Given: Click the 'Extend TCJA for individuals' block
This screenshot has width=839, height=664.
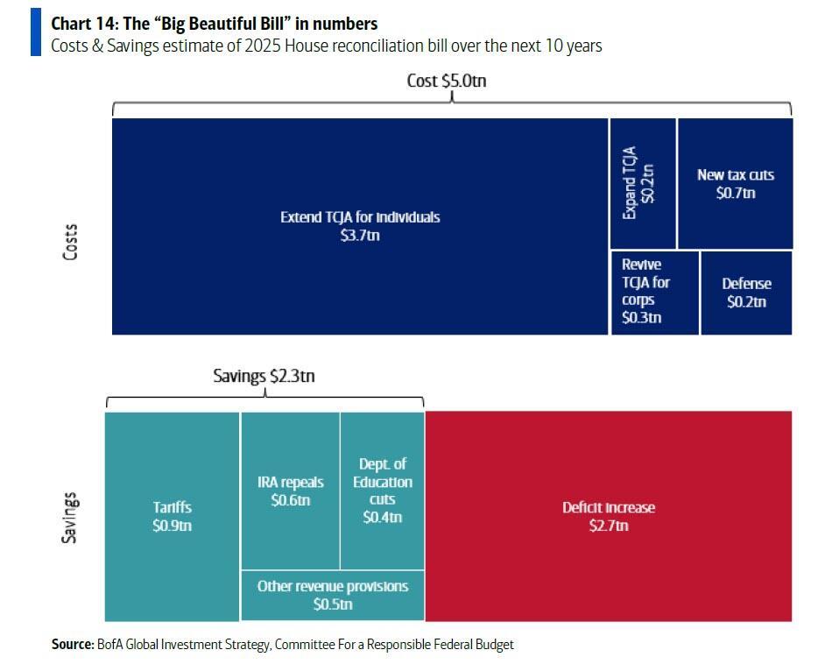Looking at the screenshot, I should [360, 226].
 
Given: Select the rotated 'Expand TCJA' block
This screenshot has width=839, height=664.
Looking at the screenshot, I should [642, 183].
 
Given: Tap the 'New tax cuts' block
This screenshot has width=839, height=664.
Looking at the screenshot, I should [735, 183].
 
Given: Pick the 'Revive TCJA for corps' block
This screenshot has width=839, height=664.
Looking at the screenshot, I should [653, 292].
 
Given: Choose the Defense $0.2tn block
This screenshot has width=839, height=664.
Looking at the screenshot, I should [746, 293].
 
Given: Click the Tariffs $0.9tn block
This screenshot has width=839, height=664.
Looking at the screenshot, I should [172, 516].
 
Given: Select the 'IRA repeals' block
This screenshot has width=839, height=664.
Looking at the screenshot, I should [290, 491].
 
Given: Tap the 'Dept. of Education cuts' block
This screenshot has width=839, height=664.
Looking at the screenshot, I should [382, 491].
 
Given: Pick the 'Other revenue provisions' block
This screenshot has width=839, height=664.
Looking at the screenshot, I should [332, 595].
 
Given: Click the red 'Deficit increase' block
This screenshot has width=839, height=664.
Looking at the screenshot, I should [608, 516].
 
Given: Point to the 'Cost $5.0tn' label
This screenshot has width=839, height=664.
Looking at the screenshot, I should [446, 81].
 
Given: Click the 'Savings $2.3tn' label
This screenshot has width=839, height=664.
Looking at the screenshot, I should [264, 376].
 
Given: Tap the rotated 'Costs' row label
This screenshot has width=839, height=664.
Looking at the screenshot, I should [71, 244].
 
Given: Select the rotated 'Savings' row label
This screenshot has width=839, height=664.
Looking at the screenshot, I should [69, 517].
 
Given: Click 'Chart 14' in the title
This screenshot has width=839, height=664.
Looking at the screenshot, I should [84, 24].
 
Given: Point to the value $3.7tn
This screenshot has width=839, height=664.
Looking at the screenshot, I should [360, 236].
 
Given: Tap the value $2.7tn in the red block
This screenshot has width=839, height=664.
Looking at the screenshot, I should [608, 526].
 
